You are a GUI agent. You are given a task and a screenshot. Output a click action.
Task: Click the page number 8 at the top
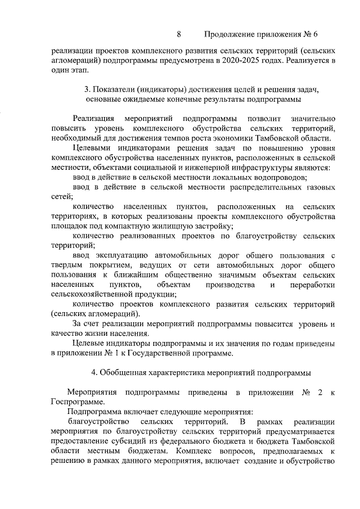pos(179,34)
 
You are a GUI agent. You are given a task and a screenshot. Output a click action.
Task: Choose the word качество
pos(67,334)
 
